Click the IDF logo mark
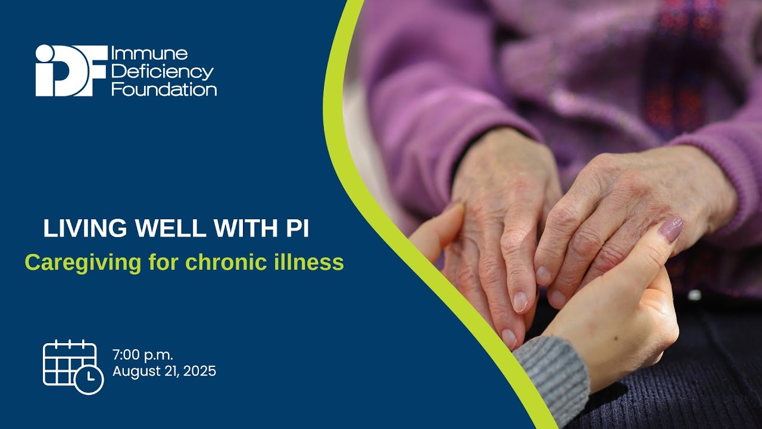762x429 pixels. pyautogui.click(x=71, y=70)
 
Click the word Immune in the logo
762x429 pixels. pyautogui.click(x=149, y=54)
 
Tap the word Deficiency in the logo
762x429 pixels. pyautogui.click(x=162, y=72)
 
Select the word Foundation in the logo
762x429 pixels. pyautogui.click(x=164, y=90)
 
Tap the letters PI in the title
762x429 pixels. pyautogui.click(x=296, y=229)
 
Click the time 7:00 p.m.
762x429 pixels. pyautogui.click(x=143, y=356)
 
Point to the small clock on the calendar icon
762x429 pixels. pyautogui.click(x=89, y=378)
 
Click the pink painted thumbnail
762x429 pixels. pyautogui.click(x=671, y=229)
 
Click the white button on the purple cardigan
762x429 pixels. pyautogui.click(x=694, y=294)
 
